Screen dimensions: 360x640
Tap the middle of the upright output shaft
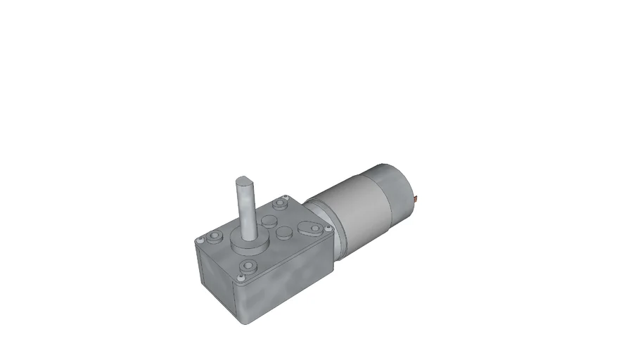247,207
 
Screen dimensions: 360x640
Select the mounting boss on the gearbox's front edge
248,266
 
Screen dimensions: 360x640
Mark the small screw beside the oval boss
328,230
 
